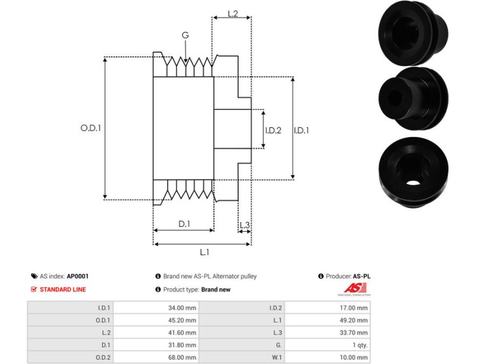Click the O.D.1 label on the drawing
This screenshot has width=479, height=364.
(x=90, y=129)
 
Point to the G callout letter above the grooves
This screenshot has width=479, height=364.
(x=185, y=35)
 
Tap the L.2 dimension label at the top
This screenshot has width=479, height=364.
(x=231, y=13)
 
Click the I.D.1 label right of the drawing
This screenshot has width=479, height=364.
(x=301, y=130)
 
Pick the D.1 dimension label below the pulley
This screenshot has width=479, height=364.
(x=184, y=224)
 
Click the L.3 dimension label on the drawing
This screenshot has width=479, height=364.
(x=245, y=226)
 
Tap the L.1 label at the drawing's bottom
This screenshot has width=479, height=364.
(x=204, y=252)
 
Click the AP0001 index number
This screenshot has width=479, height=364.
(x=78, y=276)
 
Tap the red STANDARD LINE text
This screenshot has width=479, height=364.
(x=63, y=289)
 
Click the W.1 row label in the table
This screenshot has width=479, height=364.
(x=271, y=357)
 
